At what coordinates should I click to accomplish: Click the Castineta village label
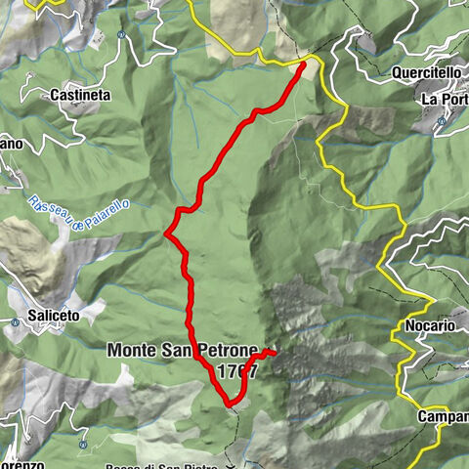[x=81, y=96]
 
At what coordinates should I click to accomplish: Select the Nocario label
[x=428, y=325]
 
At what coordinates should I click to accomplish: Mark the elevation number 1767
[x=238, y=371]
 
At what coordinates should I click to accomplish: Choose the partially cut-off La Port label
[x=445, y=100]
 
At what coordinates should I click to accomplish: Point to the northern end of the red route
[x=303, y=64]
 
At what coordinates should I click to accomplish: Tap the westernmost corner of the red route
[x=167, y=234]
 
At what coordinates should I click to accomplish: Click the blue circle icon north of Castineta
[x=120, y=35]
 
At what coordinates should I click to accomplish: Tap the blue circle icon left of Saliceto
[x=17, y=321]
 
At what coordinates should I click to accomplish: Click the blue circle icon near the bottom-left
[x=83, y=445]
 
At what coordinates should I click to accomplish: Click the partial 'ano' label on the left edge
[x=10, y=145]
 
